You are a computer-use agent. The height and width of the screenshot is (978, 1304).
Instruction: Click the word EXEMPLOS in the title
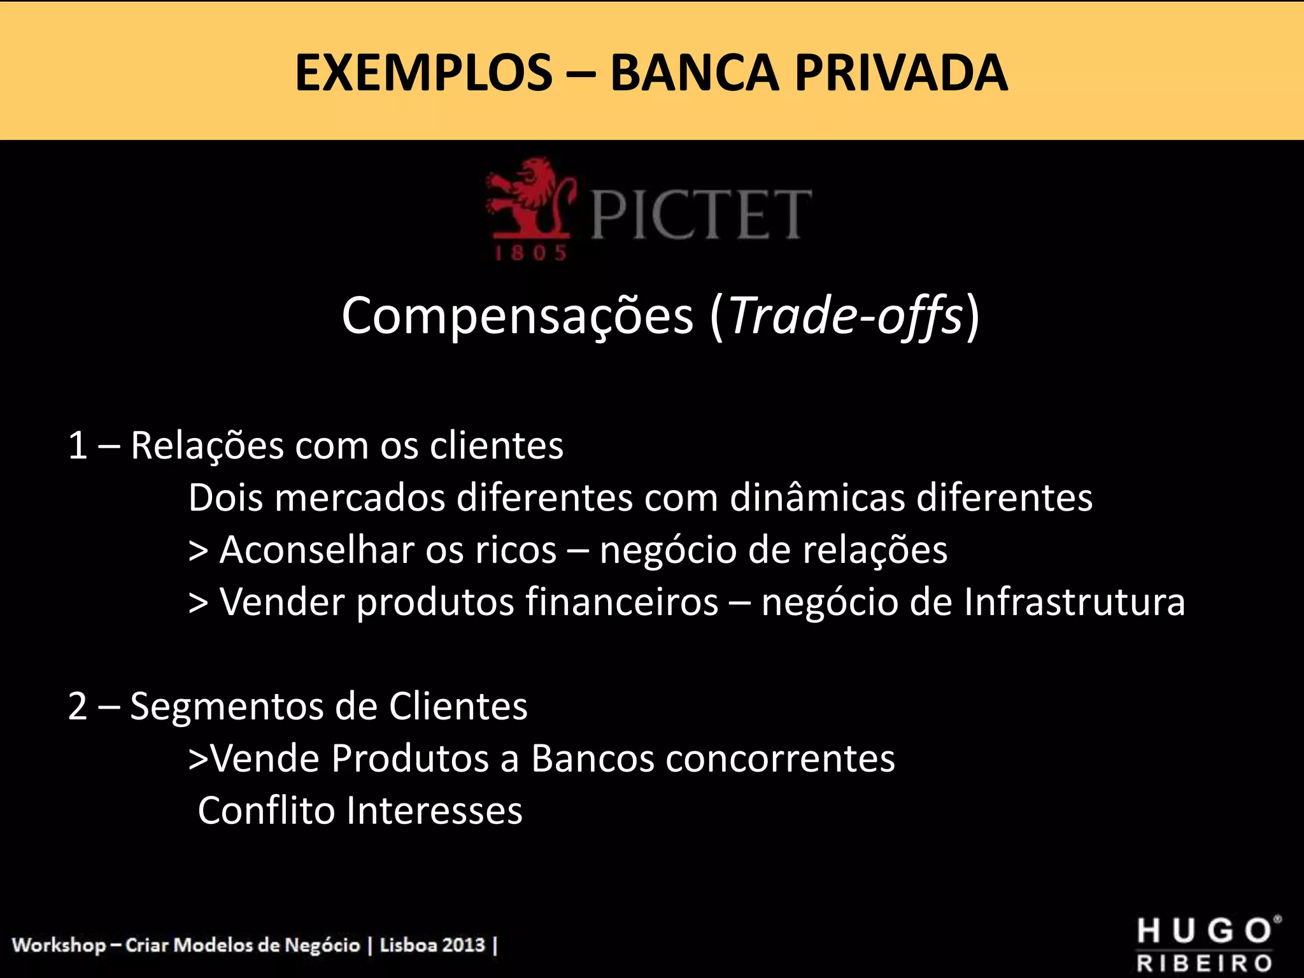pyautogui.click(x=423, y=73)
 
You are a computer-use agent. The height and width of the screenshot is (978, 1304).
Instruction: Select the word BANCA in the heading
pyautogui.click(x=694, y=73)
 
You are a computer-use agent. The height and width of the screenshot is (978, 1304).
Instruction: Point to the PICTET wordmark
pyautogui.click(x=700, y=215)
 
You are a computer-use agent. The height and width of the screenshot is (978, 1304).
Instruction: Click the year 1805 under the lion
pyautogui.click(x=530, y=253)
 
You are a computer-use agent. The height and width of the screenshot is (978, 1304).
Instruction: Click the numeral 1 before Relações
pyautogui.click(x=78, y=445)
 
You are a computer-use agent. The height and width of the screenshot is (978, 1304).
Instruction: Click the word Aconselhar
pyautogui.click(x=316, y=549)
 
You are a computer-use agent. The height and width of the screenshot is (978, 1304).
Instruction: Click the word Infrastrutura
pyautogui.click(x=1074, y=602)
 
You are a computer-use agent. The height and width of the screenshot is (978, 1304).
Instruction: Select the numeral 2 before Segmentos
pyautogui.click(x=78, y=706)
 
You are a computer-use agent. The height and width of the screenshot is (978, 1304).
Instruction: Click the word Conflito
pyautogui.click(x=266, y=811)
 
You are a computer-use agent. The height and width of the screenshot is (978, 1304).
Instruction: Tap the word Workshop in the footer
pyautogui.click(x=59, y=945)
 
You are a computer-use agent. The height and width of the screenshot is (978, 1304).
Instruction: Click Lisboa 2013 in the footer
pyautogui.click(x=432, y=945)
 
